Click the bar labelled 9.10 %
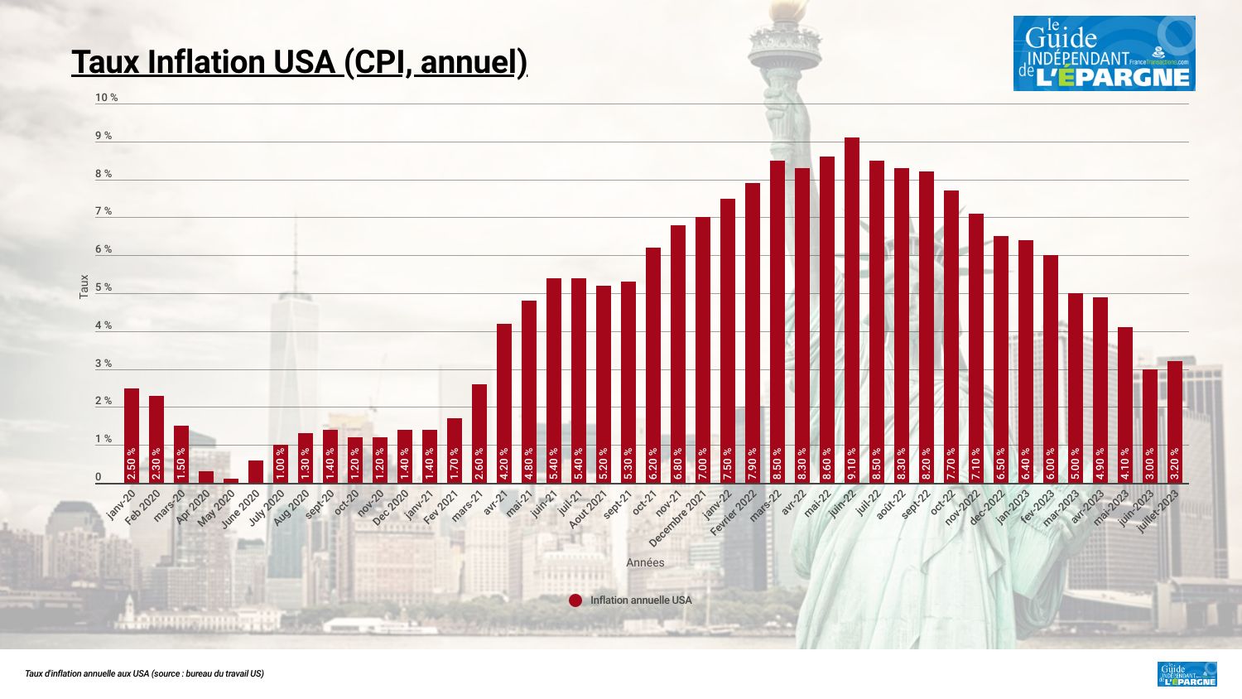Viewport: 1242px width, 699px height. point(852,311)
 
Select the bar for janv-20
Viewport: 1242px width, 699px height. point(132,436)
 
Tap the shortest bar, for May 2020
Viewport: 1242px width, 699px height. point(231,480)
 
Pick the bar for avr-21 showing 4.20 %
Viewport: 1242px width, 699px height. point(504,403)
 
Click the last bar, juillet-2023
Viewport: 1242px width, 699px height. point(1175,422)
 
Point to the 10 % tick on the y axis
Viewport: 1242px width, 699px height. point(107,98)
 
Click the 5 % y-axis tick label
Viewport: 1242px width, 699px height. point(103,288)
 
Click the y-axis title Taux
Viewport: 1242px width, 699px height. point(84,287)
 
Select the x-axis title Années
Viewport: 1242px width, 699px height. point(645,563)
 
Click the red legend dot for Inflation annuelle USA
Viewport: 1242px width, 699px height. point(575,600)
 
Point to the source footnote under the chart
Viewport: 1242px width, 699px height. point(145,674)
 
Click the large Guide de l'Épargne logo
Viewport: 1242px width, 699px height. point(1104,53)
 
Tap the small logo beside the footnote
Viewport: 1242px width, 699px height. point(1187,673)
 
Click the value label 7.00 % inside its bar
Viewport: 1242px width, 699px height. point(703,464)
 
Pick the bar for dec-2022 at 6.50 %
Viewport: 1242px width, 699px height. point(1001,359)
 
